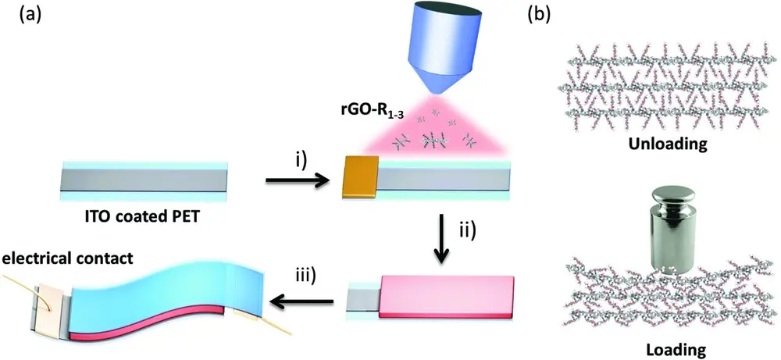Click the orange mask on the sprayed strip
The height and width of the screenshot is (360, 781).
360,176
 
